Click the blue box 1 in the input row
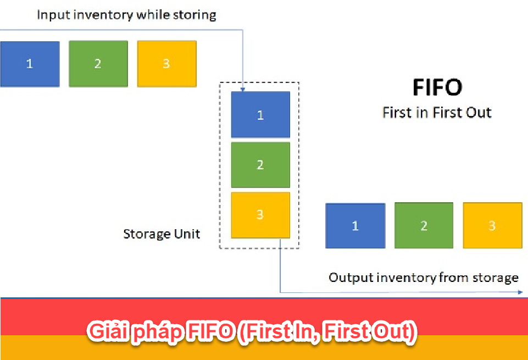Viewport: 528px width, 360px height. pos(30,64)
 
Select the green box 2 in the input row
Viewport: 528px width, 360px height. pos(98,64)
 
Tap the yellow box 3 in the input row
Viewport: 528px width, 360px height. pos(166,64)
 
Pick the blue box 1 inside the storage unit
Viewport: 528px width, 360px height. pos(260,114)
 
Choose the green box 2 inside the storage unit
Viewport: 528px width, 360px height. pos(260,165)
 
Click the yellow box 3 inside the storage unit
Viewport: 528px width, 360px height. pos(260,215)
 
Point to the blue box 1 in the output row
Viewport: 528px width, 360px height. pos(355,225)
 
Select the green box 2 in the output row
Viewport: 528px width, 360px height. pos(424,225)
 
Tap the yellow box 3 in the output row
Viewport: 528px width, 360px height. pos(492,225)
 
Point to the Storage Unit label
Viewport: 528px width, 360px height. pos(162,234)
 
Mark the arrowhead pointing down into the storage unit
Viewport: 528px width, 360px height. pos(242,88)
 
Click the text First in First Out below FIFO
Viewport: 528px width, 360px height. pos(437,113)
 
